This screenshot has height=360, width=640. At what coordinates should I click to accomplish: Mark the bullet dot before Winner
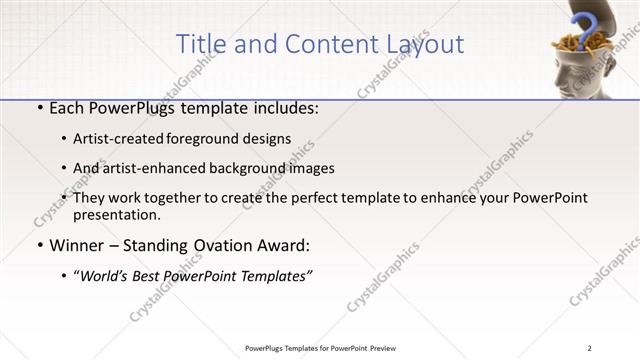tap(38, 246)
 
